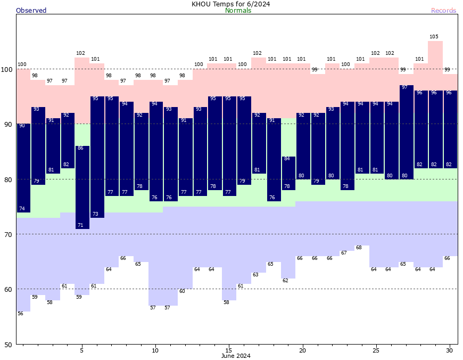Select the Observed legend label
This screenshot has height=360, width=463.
[31, 11]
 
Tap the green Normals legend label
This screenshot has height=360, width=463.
[238, 11]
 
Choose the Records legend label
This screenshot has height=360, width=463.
[443, 11]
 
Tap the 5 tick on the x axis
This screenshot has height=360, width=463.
[82, 350]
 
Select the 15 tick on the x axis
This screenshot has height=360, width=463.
[229, 350]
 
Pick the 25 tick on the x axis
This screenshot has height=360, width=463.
[376, 350]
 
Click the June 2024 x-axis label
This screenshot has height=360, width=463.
[236, 356]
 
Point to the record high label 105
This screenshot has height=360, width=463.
[434, 37]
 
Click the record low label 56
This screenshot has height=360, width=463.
[20, 314]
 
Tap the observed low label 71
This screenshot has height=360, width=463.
[80, 225]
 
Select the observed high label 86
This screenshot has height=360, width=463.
[80, 148]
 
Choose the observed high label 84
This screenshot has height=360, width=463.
[286, 159]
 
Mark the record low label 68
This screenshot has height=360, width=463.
[359, 248]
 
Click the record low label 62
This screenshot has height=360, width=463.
[285, 281]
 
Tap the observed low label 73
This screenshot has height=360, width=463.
[95, 214]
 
